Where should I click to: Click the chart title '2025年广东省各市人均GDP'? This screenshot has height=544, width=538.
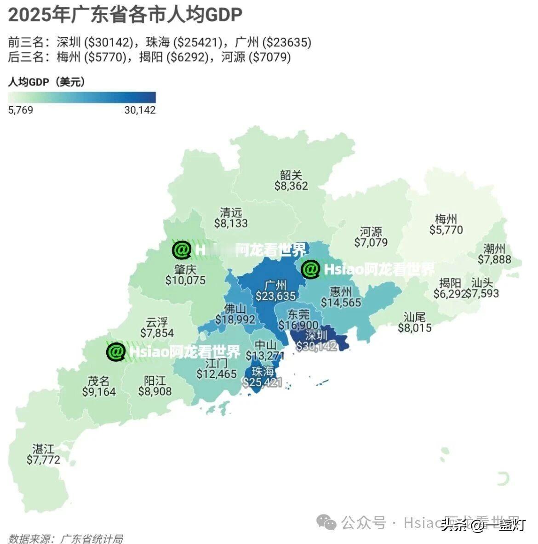[125, 15]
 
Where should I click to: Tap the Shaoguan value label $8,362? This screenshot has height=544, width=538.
[291, 186]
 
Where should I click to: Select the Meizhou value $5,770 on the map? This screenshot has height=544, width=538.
[446, 230]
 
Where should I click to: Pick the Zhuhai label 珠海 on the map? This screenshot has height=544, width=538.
[263, 371]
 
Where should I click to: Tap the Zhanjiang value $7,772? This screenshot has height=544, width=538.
[43, 459]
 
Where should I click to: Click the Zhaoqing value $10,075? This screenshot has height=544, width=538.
[185, 281]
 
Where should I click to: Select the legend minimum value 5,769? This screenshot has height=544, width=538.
[21, 110]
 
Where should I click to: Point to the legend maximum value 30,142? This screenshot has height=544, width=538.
[140, 110]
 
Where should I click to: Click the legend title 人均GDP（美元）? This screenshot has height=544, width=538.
[46, 82]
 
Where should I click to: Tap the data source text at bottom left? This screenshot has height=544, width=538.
[66, 538]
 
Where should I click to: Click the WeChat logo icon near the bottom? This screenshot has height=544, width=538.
[328, 522]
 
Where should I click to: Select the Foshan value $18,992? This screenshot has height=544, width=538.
[235, 320]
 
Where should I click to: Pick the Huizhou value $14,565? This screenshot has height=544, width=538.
[341, 303]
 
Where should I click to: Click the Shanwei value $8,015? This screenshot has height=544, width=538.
[414, 328]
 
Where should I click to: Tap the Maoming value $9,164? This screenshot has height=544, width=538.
[99, 392]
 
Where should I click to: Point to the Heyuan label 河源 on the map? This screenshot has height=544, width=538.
[371, 231]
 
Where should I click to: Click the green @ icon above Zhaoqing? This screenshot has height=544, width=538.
[181, 250]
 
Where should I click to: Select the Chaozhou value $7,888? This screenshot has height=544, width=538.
[494, 260]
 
